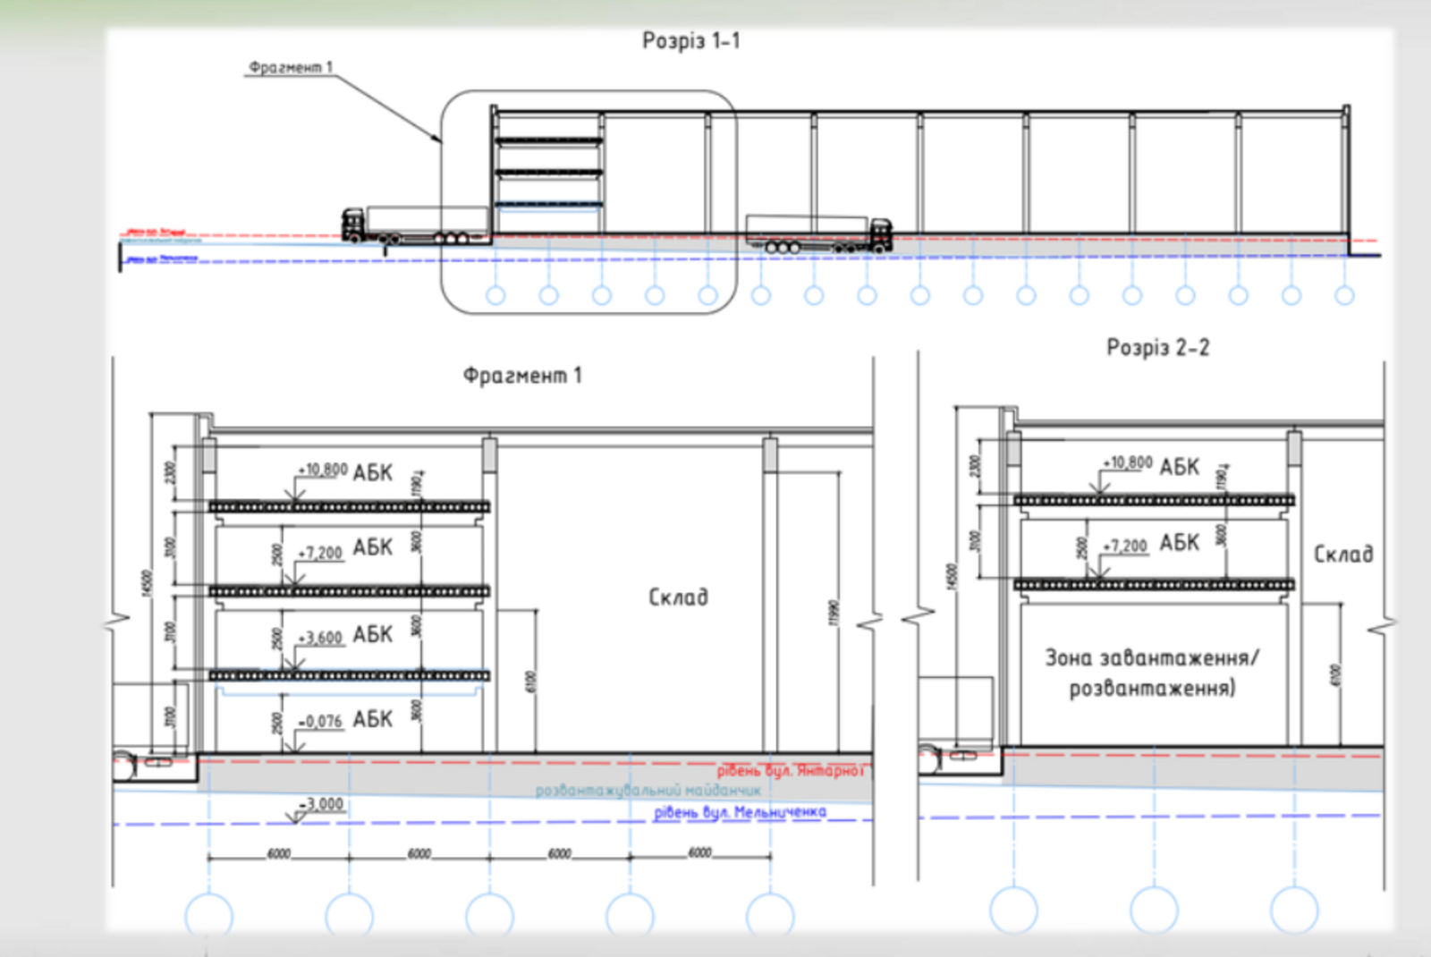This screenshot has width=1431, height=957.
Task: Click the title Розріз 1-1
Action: click(x=690, y=41)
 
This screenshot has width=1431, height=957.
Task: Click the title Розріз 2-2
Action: click(x=1157, y=348)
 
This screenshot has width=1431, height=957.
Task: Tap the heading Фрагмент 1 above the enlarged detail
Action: click(x=522, y=376)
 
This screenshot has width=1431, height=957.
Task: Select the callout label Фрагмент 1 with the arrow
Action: click(x=290, y=68)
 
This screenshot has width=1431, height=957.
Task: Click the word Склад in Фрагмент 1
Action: click(x=678, y=597)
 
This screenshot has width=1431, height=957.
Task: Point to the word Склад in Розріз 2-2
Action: click(x=1342, y=555)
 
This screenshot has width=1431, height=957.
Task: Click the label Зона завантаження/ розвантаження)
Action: click(x=1152, y=673)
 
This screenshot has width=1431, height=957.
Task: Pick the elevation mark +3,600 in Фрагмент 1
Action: click(x=321, y=638)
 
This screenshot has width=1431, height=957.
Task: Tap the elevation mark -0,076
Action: click(x=321, y=722)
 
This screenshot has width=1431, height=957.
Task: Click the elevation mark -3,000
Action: click(x=321, y=804)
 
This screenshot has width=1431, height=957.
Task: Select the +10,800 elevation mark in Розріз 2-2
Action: click(x=1127, y=462)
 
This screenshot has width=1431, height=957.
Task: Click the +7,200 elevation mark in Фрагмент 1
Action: click(x=321, y=553)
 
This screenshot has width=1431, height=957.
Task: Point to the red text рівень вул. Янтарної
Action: click(x=791, y=770)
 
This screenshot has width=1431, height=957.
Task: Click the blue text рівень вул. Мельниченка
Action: click(x=740, y=812)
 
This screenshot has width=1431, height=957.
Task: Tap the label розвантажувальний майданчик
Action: click(x=648, y=791)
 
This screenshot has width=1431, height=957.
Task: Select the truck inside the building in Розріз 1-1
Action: click(x=818, y=234)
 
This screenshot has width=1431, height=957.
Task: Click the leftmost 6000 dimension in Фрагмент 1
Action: click(x=279, y=853)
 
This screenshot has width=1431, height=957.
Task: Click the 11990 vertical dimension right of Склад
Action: click(x=834, y=613)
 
